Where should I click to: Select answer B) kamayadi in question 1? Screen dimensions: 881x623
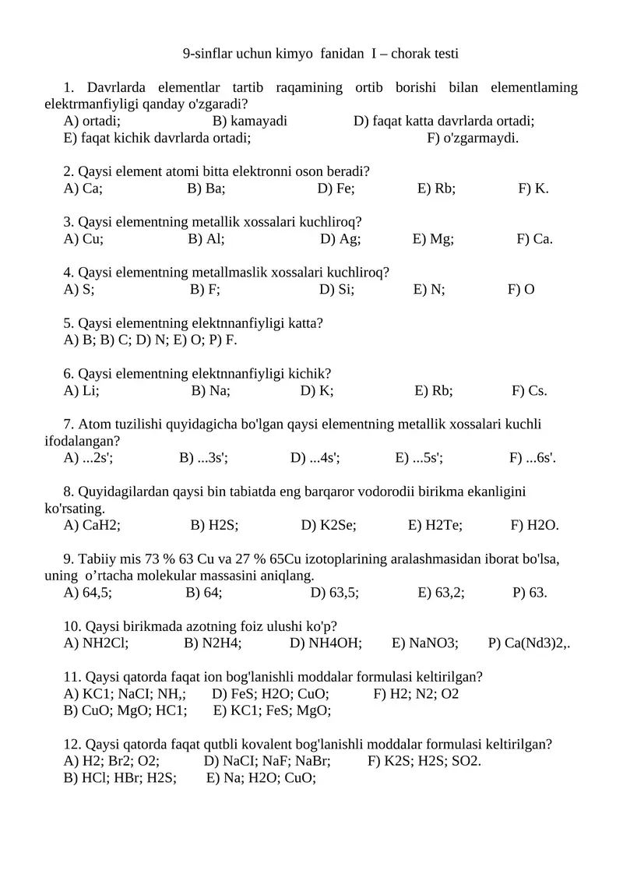coord(249,121)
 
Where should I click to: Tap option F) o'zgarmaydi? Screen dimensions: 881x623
coord(473,138)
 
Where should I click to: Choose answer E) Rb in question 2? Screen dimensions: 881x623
coord(436,188)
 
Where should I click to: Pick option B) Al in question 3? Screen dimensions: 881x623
coord(206,238)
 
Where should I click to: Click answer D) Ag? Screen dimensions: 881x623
coord(340,238)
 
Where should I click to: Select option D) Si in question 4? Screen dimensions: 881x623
coord(336,289)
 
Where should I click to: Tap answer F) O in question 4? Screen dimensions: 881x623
coord(521,289)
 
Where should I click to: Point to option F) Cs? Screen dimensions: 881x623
coord(530,390)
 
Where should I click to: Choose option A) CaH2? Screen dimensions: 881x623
coord(92,525)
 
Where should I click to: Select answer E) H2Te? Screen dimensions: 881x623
coord(435,525)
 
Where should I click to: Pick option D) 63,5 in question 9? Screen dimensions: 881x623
coord(334,593)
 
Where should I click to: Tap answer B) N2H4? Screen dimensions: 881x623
coord(213,643)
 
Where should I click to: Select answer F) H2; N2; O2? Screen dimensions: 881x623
coord(416,693)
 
